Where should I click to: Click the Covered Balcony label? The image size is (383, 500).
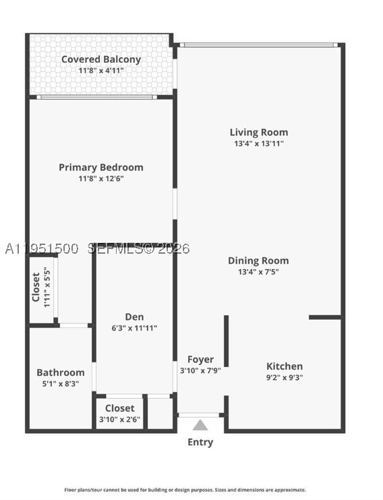(101, 59)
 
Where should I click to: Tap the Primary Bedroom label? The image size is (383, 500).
(101, 167)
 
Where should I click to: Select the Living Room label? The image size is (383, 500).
(259, 132)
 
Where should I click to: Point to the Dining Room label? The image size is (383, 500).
(258, 261)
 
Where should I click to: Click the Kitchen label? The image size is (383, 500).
(285, 366)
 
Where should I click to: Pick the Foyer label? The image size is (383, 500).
(200, 360)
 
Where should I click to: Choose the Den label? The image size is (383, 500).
(134, 316)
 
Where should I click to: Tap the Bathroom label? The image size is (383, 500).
(61, 372)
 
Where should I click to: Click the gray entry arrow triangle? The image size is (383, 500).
(200, 425)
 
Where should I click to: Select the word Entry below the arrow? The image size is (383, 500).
(200, 442)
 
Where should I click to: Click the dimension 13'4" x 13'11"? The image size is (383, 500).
(259, 144)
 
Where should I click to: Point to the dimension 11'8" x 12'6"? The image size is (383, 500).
(101, 179)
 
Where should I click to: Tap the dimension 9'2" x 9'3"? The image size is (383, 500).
(285, 378)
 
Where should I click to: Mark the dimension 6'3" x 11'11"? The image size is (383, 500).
(134, 328)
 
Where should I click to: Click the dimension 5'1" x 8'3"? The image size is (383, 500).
(61, 384)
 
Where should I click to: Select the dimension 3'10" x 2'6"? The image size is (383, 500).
(119, 419)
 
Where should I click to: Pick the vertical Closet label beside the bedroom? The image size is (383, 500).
(36, 287)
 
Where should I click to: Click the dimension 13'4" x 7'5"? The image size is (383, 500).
(258, 272)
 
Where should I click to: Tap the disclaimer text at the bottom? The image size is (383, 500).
(185, 490)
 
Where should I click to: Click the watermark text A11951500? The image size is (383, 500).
(42, 249)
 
